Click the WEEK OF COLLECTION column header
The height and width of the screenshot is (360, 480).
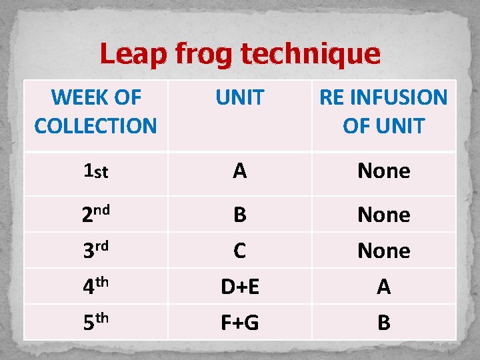(95, 111)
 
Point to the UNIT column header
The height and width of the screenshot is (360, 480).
(240, 98)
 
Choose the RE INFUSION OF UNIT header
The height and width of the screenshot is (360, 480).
(384, 111)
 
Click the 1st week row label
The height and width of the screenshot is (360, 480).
(95, 172)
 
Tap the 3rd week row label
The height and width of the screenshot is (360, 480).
(95, 251)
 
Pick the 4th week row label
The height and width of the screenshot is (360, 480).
(95, 287)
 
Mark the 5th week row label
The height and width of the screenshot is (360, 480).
(95, 323)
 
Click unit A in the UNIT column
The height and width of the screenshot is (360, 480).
(240, 172)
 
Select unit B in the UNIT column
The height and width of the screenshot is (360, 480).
(240, 215)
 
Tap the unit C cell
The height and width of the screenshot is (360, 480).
(240, 251)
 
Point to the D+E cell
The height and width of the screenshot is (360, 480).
(240, 287)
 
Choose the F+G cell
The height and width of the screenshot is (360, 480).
(240, 323)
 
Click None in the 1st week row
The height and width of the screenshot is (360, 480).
(384, 172)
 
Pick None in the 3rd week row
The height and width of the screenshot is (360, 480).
(384, 251)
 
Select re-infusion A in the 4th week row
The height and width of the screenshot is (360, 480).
(384, 287)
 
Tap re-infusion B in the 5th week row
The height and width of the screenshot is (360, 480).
(384, 323)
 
